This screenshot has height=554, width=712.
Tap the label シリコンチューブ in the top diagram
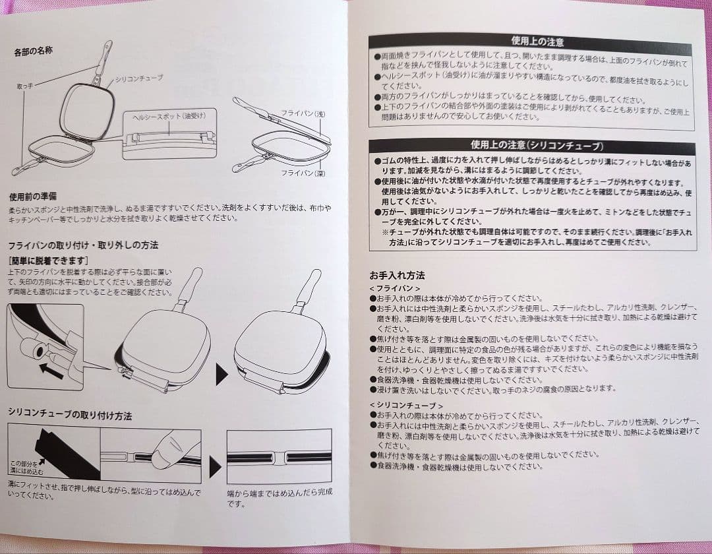[138, 78]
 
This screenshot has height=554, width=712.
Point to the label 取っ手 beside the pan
[24, 86]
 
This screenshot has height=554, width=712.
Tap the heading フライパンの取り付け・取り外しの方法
[83, 245]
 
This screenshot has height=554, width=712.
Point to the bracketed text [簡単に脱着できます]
[49, 260]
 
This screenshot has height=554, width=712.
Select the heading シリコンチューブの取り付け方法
[70, 415]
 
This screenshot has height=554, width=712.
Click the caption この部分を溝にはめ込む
[26, 468]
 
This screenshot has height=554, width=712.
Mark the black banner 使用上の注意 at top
[531, 42]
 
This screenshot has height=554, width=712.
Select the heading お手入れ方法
[397, 274]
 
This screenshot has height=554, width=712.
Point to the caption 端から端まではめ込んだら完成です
[280, 498]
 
